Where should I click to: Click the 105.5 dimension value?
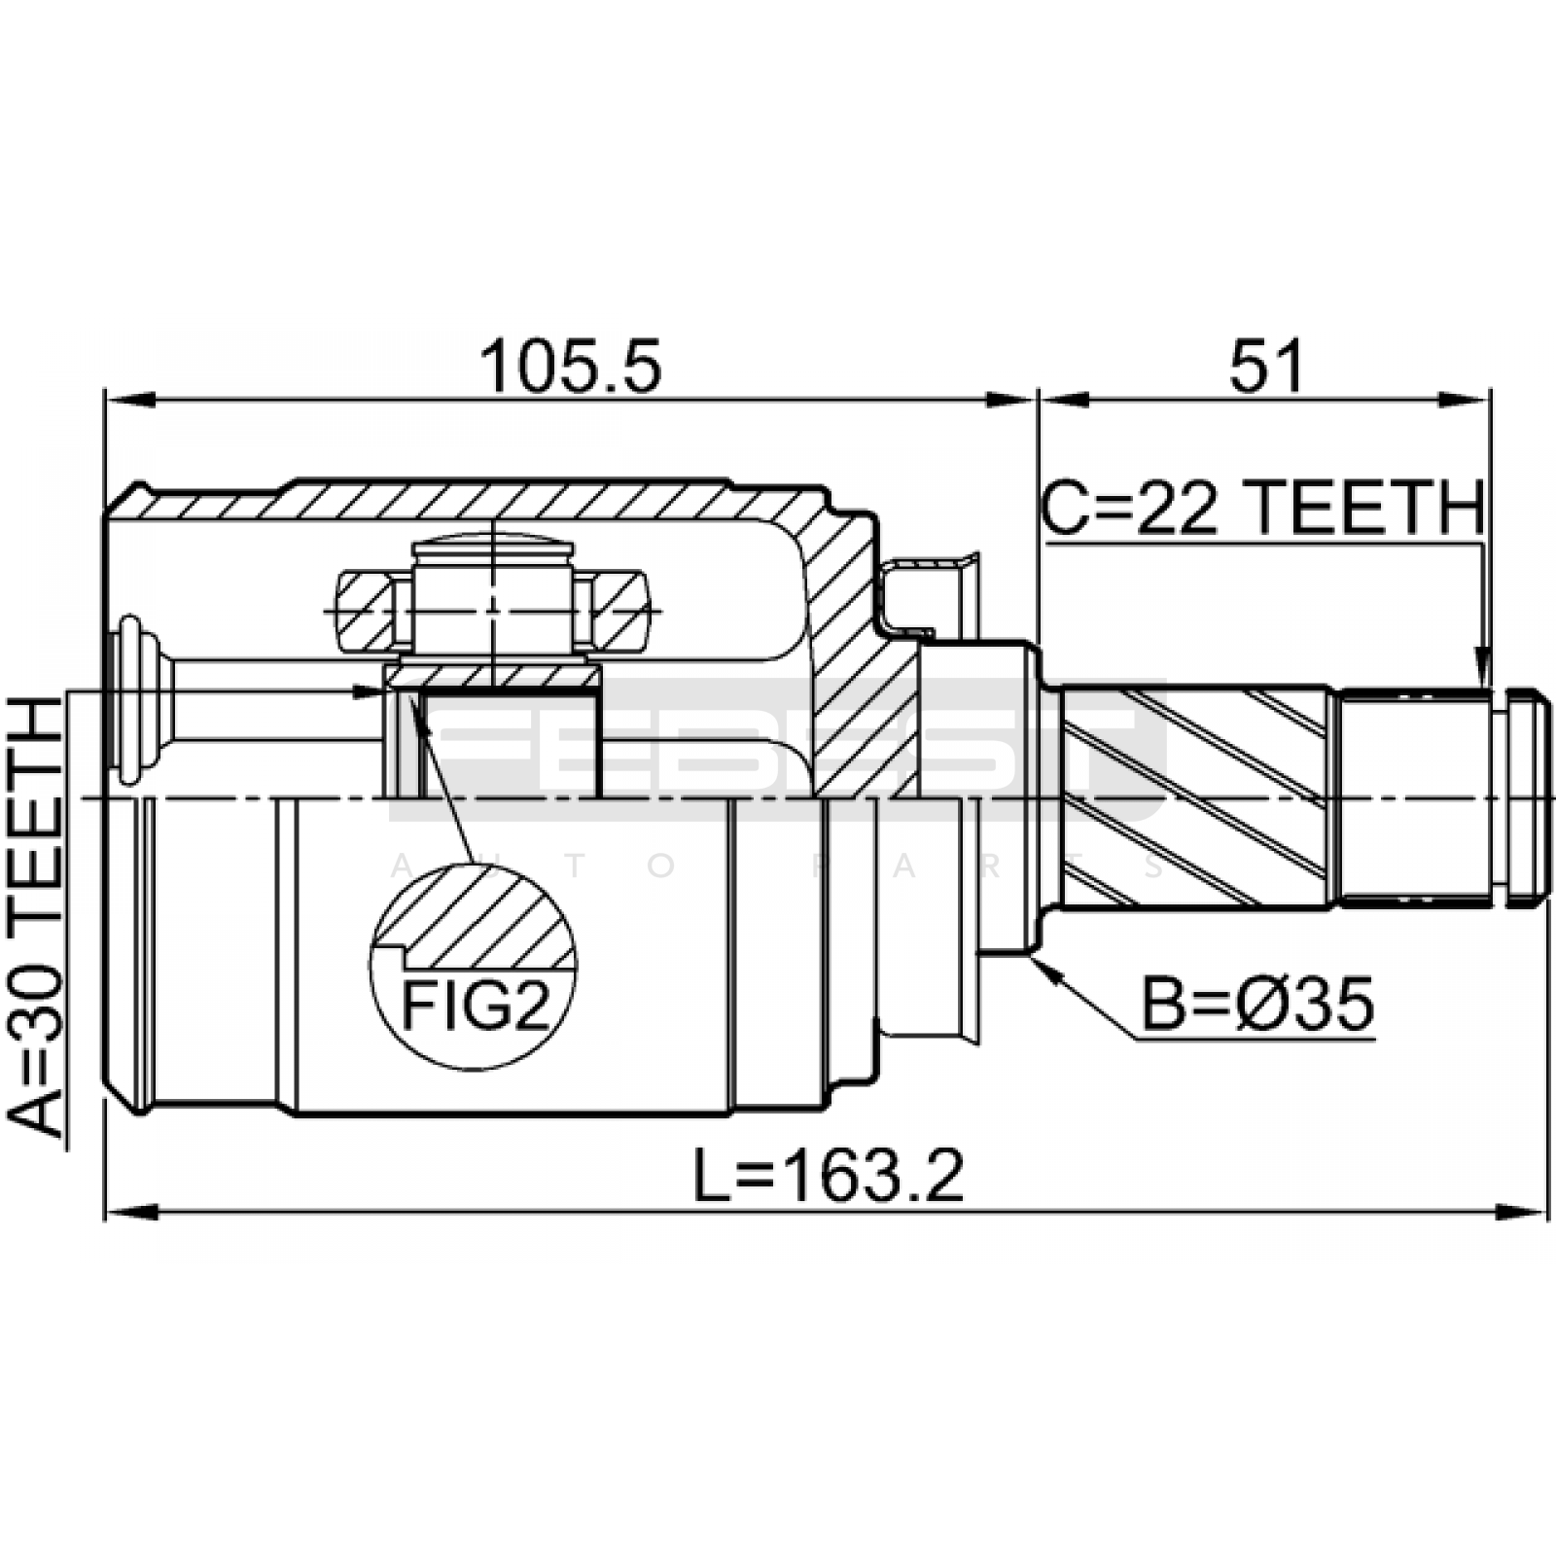tap(571, 366)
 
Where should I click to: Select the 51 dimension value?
tap(1265, 366)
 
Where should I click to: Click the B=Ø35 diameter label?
tap(1257, 1005)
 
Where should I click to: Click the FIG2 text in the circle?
tap(475, 1006)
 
